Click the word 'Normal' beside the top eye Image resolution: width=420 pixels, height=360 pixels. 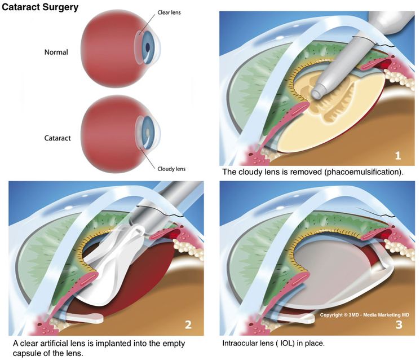(x=56, y=52)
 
